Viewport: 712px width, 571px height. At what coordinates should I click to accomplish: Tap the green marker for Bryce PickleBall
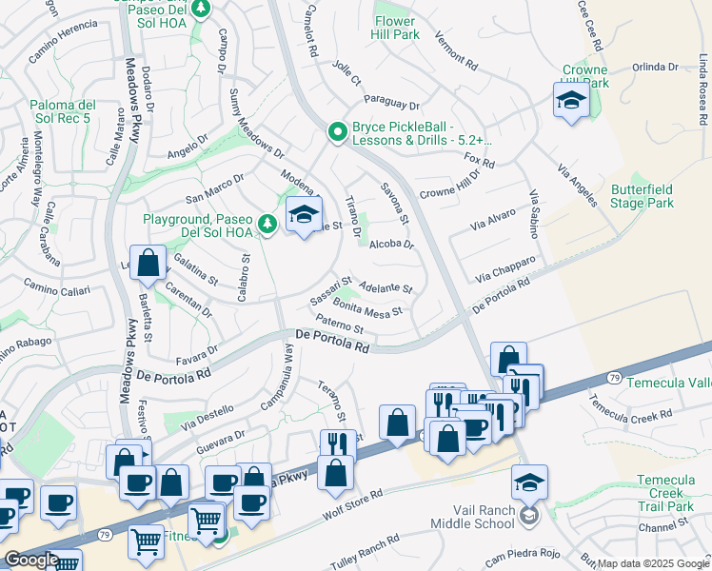point(336,132)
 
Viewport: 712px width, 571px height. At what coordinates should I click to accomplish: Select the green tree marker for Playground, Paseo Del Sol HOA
point(268,224)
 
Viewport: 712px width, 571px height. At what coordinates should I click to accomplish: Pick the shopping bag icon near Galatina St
point(148,264)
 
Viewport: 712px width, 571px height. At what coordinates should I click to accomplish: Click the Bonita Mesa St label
point(368,311)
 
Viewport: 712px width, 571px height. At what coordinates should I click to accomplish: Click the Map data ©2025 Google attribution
point(653,563)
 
